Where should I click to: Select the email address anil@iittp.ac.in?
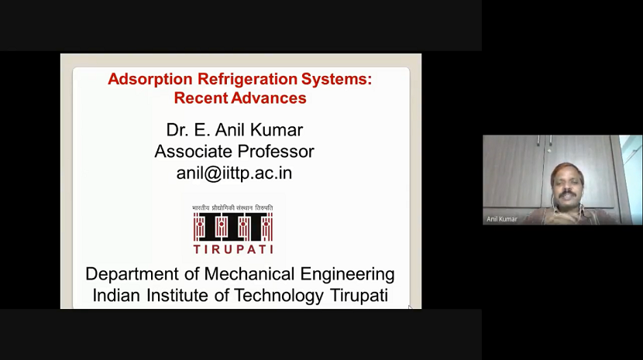(x=234, y=173)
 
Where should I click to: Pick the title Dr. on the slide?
(x=177, y=129)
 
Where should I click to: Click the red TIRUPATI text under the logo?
(x=232, y=249)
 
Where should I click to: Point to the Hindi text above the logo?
(x=232, y=208)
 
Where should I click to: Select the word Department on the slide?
(x=133, y=274)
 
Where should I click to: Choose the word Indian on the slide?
(x=115, y=296)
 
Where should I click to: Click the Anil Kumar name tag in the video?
(x=503, y=219)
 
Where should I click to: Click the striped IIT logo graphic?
(x=232, y=227)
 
